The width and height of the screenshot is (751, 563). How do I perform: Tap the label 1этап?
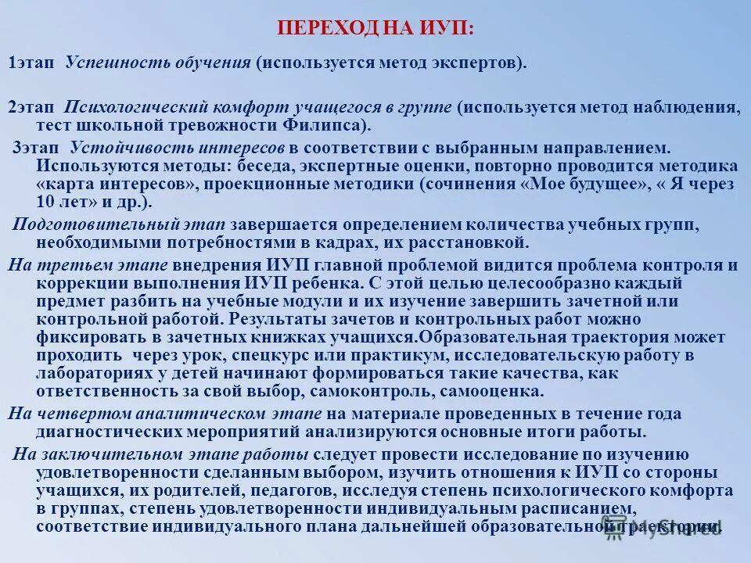click(x=31, y=63)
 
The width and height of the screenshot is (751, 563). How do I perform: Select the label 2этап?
click(x=31, y=107)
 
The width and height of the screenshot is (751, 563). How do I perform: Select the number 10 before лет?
click(x=46, y=202)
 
